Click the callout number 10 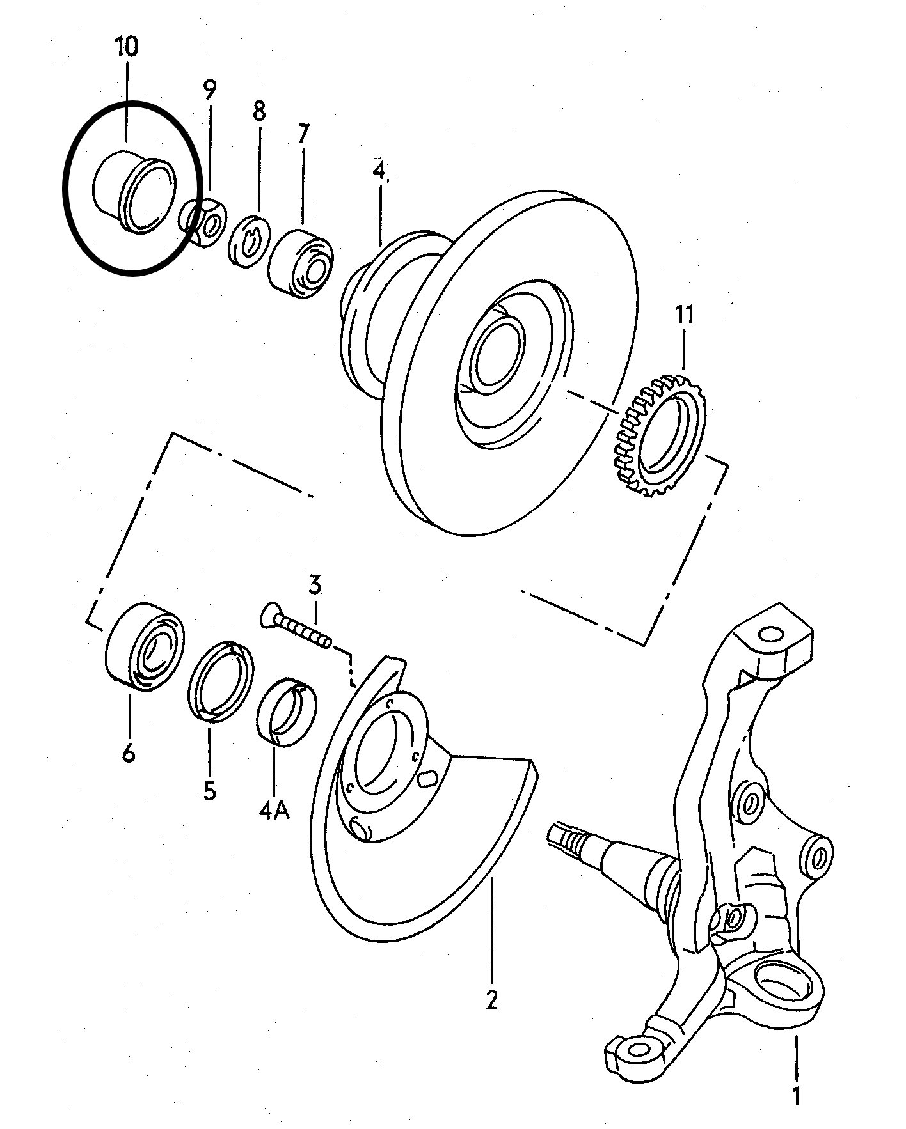coord(127,48)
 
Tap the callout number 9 coord(211,90)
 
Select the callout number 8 coord(258,111)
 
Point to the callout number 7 coord(303,134)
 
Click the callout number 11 coord(683,316)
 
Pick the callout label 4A coord(274,811)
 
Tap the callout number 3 coord(315,584)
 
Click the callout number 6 coord(129,754)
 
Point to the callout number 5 coord(210,791)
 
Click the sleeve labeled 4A coord(287,712)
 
